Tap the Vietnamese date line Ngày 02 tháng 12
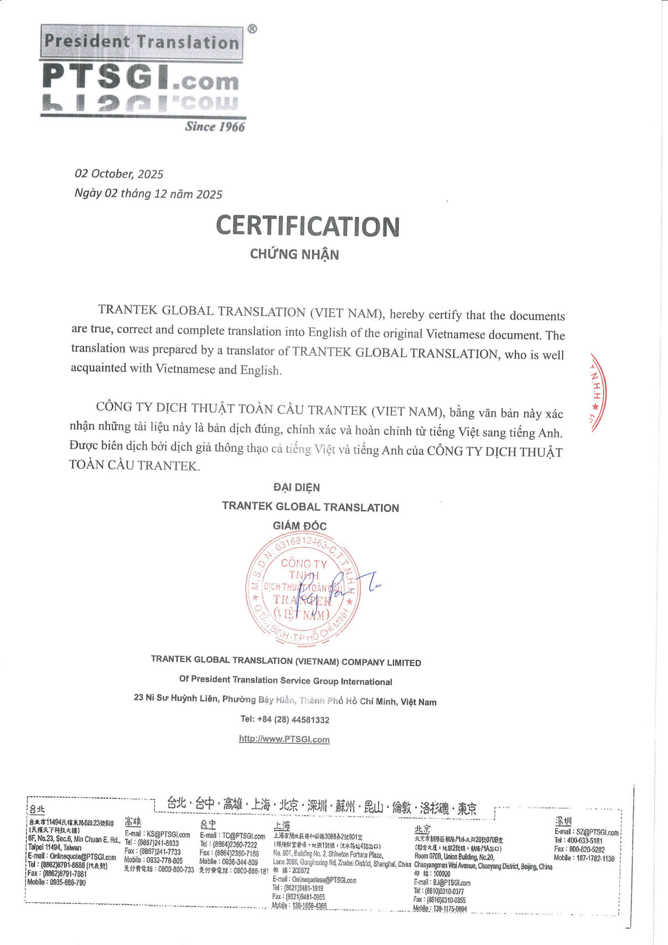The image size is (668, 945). pos(148,194)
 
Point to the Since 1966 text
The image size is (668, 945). pos(214,126)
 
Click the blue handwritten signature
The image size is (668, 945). pos(337,589)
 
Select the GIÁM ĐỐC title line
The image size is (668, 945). pos(300,526)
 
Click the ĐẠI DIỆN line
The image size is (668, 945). pos(297,487)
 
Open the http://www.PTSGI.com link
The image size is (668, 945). pos(284,739)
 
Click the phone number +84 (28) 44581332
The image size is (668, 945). pos(285,720)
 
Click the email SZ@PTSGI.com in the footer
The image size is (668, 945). pos(597,833)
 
